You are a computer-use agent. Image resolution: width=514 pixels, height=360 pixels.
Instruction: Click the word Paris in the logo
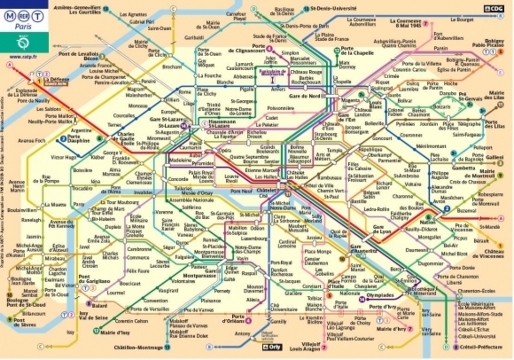click(x=23, y=27)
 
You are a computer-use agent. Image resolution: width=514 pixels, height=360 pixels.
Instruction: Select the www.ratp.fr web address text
click(x=23, y=56)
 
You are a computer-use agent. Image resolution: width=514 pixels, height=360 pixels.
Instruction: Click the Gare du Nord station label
click(x=304, y=96)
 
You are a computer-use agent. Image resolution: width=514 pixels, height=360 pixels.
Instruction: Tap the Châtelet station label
click(x=267, y=191)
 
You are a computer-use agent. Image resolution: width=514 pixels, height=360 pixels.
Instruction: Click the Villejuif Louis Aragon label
click(x=305, y=346)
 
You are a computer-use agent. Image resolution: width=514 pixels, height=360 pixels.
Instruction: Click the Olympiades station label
click(x=380, y=295)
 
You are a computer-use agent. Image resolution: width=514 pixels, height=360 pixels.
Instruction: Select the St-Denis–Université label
click(x=333, y=9)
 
